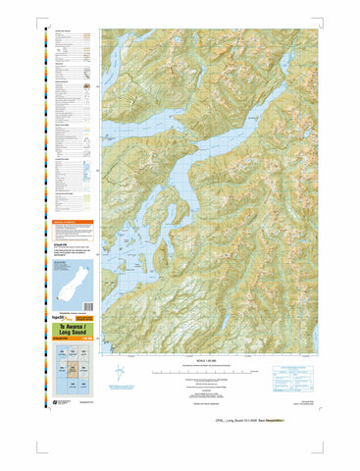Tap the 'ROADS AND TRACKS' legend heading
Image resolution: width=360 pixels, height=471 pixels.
[x=64, y=32]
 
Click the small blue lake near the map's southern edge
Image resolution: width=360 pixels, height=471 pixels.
[x=225, y=324]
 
